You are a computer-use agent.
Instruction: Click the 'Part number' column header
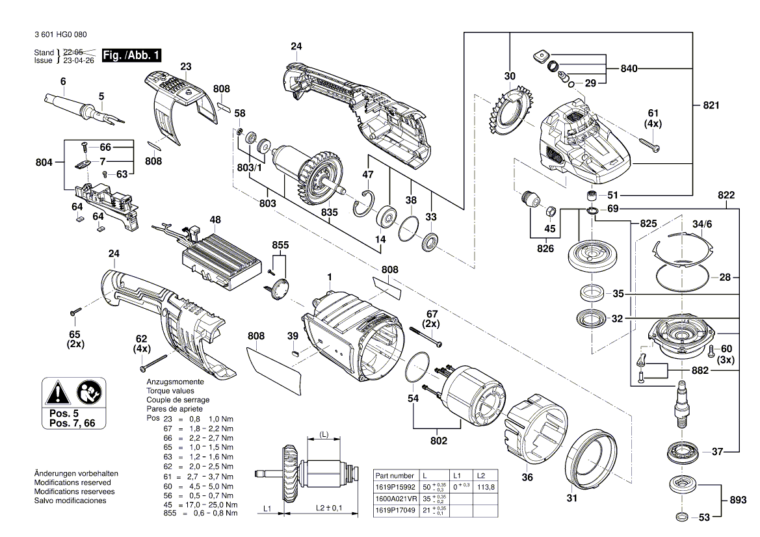click(394, 476)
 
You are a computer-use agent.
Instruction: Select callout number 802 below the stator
click(439, 441)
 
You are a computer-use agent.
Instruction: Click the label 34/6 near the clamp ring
click(703, 224)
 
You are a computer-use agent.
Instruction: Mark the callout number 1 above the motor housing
click(330, 276)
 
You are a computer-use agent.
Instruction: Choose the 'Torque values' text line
click(170, 391)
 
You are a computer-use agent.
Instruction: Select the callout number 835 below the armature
click(330, 212)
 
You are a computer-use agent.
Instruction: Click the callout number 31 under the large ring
click(571, 499)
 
